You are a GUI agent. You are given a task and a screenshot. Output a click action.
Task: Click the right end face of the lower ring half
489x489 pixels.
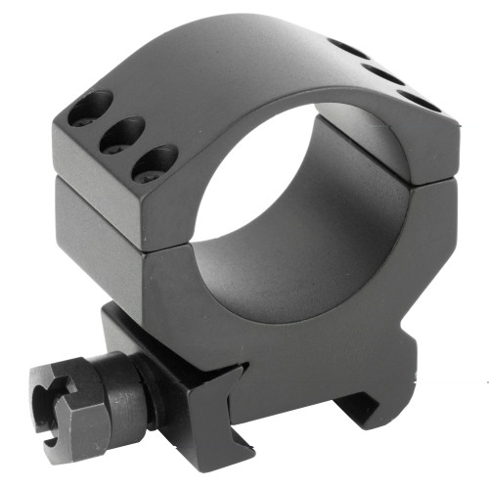coord(430,235)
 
